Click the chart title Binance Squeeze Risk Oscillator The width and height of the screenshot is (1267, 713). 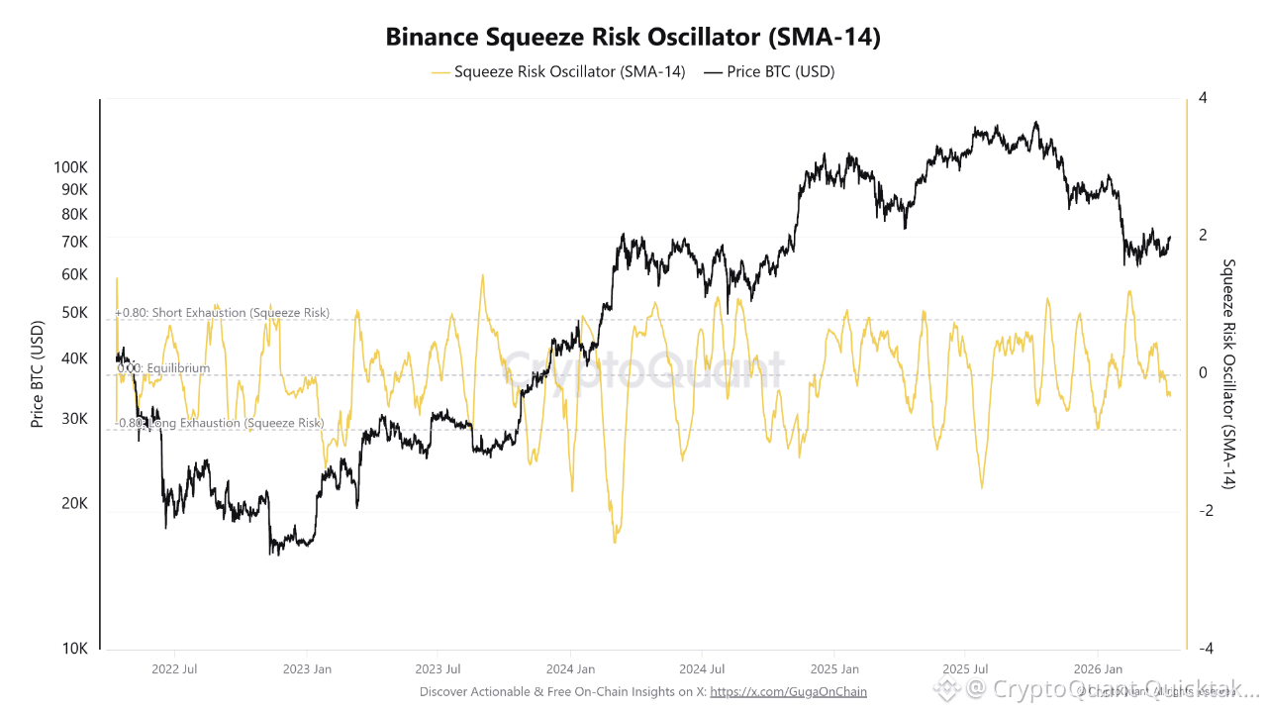click(x=633, y=38)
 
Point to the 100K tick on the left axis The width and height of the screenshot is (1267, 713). click(x=71, y=167)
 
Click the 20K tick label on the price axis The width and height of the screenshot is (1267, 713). click(x=75, y=503)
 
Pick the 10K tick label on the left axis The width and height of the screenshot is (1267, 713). click(x=75, y=649)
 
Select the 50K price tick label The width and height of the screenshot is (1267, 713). click(x=75, y=312)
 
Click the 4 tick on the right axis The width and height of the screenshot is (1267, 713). click(x=1202, y=98)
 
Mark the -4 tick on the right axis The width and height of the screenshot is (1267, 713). click(x=1204, y=649)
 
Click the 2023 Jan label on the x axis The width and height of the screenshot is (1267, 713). click(x=307, y=669)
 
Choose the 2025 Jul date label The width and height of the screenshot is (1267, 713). click(x=965, y=669)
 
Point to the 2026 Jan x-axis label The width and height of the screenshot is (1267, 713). click(x=1099, y=669)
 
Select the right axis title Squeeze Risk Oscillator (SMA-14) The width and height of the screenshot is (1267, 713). click(x=1229, y=373)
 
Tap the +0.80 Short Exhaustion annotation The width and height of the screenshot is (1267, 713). click(x=223, y=313)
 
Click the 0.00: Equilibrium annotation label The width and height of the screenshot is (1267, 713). click(x=163, y=368)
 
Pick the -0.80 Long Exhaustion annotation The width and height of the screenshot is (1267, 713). click(x=221, y=424)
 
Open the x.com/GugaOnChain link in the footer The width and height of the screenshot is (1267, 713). click(x=788, y=691)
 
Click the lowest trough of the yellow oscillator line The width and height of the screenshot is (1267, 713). click(x=615, y=543)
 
